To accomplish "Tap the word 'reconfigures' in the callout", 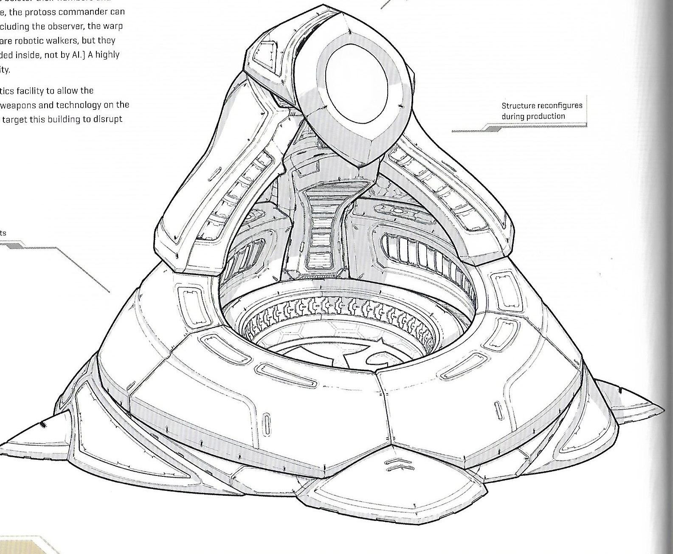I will [558, 105].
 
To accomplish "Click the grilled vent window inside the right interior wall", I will [425, 255].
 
